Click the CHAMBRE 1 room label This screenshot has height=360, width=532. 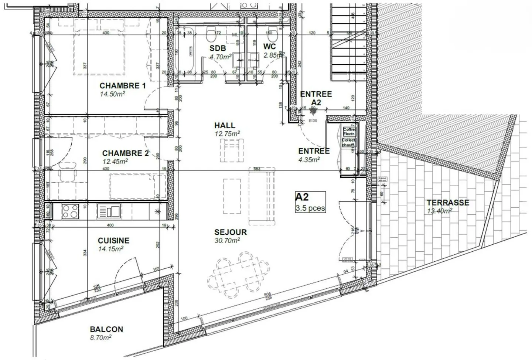(122, 86)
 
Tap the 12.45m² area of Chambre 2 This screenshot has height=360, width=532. (115, 161)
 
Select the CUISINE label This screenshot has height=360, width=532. (114, 240)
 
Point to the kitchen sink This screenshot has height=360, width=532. (109, 211)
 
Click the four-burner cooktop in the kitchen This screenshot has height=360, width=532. (70, 211)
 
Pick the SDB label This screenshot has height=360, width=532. (218, 48)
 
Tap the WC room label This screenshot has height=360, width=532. (270, 47)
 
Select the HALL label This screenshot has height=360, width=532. (225, 125)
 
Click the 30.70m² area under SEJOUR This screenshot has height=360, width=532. (227, 240)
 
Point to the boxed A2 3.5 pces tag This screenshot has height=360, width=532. (310, 202)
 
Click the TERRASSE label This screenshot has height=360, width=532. (448, 203)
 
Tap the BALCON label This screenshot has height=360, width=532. (106, 329)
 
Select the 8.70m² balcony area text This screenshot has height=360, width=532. (100, 337)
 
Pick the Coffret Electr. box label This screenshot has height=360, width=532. (349, 131)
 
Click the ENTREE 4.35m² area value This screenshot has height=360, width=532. (309, 159)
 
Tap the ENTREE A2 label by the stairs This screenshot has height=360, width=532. (316, 98)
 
